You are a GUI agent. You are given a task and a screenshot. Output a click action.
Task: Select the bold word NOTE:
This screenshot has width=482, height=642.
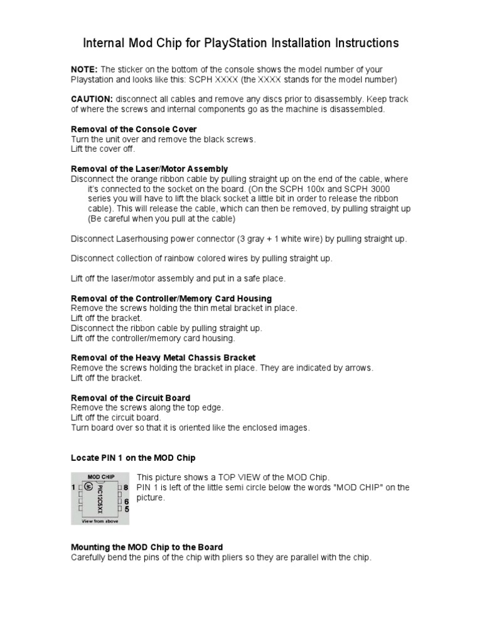84,69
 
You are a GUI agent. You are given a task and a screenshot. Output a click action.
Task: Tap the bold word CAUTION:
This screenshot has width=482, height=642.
92,99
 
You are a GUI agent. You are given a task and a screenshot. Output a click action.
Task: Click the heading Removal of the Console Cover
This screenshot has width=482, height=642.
134,129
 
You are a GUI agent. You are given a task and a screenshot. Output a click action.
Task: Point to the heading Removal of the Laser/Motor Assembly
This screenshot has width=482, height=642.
149,169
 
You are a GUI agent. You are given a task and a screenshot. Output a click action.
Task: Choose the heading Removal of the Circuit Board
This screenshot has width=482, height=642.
131,397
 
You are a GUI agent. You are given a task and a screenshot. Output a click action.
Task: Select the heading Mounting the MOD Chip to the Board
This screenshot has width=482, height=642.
147,547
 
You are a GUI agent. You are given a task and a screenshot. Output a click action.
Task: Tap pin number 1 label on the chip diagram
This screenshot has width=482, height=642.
73,487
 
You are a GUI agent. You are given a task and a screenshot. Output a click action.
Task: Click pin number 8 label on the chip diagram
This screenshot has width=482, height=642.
126,487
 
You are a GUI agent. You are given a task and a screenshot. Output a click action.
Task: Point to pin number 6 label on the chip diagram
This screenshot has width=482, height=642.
126,502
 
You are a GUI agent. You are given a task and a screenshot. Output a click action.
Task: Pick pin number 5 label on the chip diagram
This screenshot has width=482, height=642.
126,509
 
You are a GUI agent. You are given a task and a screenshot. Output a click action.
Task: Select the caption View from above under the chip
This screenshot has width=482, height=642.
100,520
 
